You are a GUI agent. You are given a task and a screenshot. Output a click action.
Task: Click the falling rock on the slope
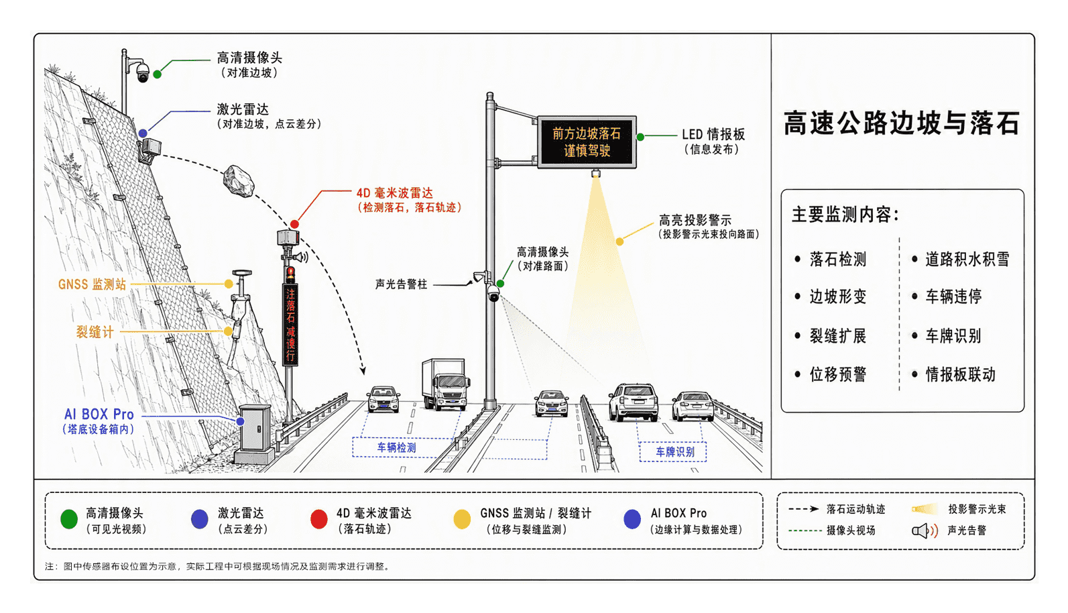tap(239, 181)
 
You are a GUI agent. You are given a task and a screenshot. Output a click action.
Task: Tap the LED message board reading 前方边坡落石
tap(587, 142)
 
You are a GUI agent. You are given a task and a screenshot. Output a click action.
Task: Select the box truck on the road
tap(445, 384)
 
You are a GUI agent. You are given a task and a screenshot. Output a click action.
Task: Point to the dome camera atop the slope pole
tap(142, 72)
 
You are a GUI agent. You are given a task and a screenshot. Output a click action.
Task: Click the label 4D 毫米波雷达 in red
tap(395, 192)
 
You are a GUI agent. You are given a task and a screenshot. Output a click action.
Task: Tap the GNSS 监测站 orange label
tap(92, 284)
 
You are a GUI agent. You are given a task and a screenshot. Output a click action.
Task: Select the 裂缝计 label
tap(95, 332)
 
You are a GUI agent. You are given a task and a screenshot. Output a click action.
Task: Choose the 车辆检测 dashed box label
tap(397, 447)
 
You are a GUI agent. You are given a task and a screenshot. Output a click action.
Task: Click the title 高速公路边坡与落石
tap(902, 123)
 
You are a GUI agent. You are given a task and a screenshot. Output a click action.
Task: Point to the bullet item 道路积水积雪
tap(967, 259)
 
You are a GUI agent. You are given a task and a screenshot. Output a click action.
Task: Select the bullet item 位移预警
tap(838, 374)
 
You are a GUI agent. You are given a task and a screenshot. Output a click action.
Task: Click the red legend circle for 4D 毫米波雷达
tap(319, 519)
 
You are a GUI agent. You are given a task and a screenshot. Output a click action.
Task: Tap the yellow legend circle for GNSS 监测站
tap(462, 519)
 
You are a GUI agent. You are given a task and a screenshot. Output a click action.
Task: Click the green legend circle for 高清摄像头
tap(69, 519)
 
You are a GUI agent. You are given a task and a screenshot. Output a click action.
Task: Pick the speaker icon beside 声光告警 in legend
tap(925, 531)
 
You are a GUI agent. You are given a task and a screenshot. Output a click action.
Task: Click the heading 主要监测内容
tap(845, 215)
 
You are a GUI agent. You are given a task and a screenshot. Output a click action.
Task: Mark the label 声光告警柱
tap(401, 284)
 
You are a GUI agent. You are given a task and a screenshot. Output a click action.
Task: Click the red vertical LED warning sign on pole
tap(290, 325)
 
